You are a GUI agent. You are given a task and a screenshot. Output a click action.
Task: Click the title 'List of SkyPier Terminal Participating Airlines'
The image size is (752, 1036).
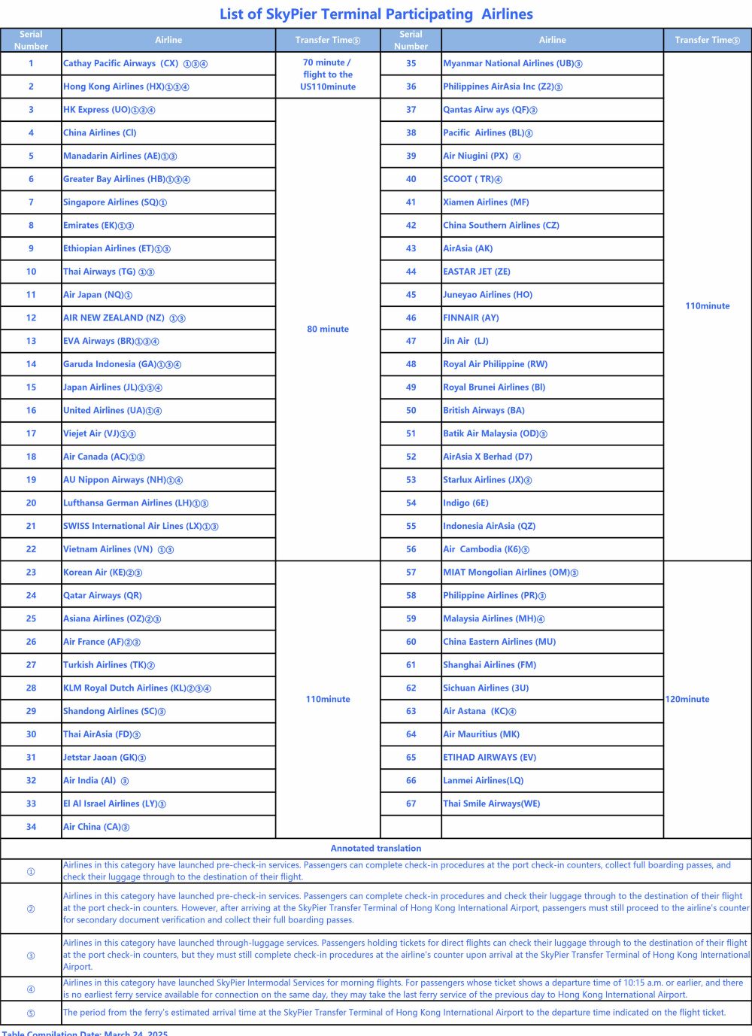pos(376,14)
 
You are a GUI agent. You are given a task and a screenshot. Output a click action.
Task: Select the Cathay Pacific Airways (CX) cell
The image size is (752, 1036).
pos(135,64)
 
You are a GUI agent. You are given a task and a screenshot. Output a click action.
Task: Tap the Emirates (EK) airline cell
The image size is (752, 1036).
pos(99,226)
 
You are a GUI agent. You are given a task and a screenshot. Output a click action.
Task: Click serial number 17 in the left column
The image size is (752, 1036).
pos(31,434)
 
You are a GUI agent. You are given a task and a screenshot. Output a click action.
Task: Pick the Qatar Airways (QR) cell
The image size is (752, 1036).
pos(102,596)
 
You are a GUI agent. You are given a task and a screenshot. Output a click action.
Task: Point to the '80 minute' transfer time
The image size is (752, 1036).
pos(328,330)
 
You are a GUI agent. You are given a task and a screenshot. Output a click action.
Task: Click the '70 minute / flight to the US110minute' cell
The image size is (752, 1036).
pos(328,74)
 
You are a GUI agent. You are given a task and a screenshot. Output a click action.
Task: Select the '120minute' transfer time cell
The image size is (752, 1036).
pos(687,700)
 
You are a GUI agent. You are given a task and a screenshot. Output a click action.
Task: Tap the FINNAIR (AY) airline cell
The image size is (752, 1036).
pos(471,318)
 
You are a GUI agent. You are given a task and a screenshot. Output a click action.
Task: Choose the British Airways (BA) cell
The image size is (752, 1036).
pos(484,411)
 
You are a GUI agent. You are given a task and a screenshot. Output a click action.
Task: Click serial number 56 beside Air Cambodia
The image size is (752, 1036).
pos(411,550)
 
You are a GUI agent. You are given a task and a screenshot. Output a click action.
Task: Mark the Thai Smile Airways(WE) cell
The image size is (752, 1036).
pos(491,804)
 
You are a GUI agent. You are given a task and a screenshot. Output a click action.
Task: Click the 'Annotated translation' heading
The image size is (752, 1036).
pos(376,849)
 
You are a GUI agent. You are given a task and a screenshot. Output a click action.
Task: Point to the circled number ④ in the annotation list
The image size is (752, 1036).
pos(31,989)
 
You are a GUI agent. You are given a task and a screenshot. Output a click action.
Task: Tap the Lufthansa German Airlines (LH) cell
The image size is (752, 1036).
pos(135,503)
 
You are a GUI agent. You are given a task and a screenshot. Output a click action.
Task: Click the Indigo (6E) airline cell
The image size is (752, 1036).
pos(465,503)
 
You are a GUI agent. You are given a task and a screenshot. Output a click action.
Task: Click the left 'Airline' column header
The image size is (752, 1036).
pos(168,41)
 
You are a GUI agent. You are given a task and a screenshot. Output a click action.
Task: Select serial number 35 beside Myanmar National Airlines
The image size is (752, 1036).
pos(411,64)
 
